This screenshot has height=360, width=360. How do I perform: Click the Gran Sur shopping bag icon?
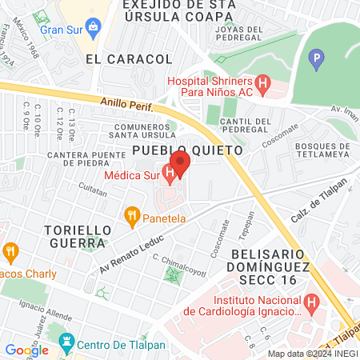coord(94,28)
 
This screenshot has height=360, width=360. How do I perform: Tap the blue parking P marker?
coord(318,58)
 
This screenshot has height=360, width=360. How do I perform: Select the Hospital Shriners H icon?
coord(262,82)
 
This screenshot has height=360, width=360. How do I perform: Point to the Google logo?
coord(26,350)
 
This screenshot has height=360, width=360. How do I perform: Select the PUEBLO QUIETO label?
coord(176,150)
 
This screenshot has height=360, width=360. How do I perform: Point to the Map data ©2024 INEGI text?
coord(311,353)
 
